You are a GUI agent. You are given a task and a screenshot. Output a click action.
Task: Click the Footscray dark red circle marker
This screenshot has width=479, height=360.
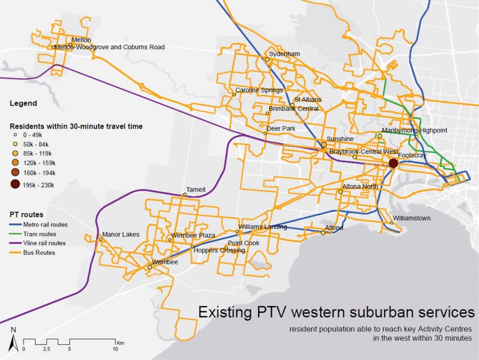point(394,163)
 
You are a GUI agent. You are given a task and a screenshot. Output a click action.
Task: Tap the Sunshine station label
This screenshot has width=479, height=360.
point(341,139)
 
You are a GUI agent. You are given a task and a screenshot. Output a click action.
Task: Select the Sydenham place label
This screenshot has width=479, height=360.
point(284,54)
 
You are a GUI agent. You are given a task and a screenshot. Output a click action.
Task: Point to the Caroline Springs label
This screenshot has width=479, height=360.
point(259,90)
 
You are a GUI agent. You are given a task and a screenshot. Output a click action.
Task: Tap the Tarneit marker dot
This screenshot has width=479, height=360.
point(184,195)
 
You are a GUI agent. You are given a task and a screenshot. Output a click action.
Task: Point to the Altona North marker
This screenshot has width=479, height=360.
point(340,192)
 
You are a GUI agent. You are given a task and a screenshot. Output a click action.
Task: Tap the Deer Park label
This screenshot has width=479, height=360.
point(281,128)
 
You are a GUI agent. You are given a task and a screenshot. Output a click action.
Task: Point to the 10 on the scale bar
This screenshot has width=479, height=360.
point(115,349)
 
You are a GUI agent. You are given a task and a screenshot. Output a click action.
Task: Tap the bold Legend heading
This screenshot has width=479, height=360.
point(24,103)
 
